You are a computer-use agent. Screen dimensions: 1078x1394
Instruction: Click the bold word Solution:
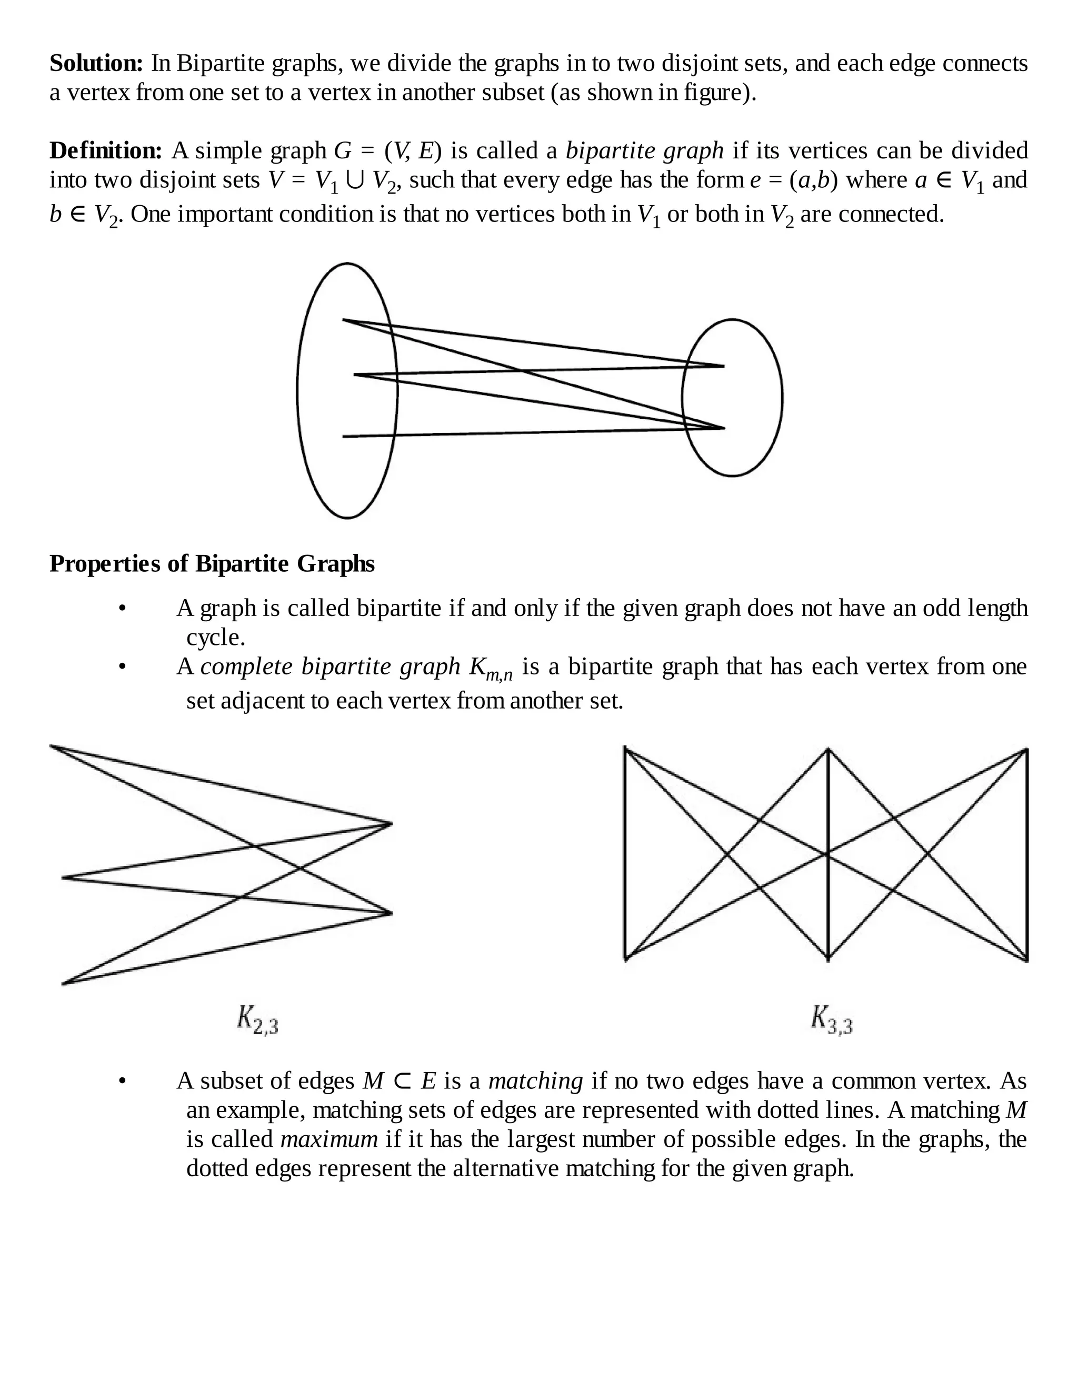(x=96, y=64)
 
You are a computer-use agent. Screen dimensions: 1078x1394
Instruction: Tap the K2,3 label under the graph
(x=257, y=1019)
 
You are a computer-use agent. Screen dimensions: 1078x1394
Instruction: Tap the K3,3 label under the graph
(x=832, y=1019)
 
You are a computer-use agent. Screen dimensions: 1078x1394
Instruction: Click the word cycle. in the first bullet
(x=216, y=637)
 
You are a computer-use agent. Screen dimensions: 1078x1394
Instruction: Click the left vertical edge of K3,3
(x=625, y=853)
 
